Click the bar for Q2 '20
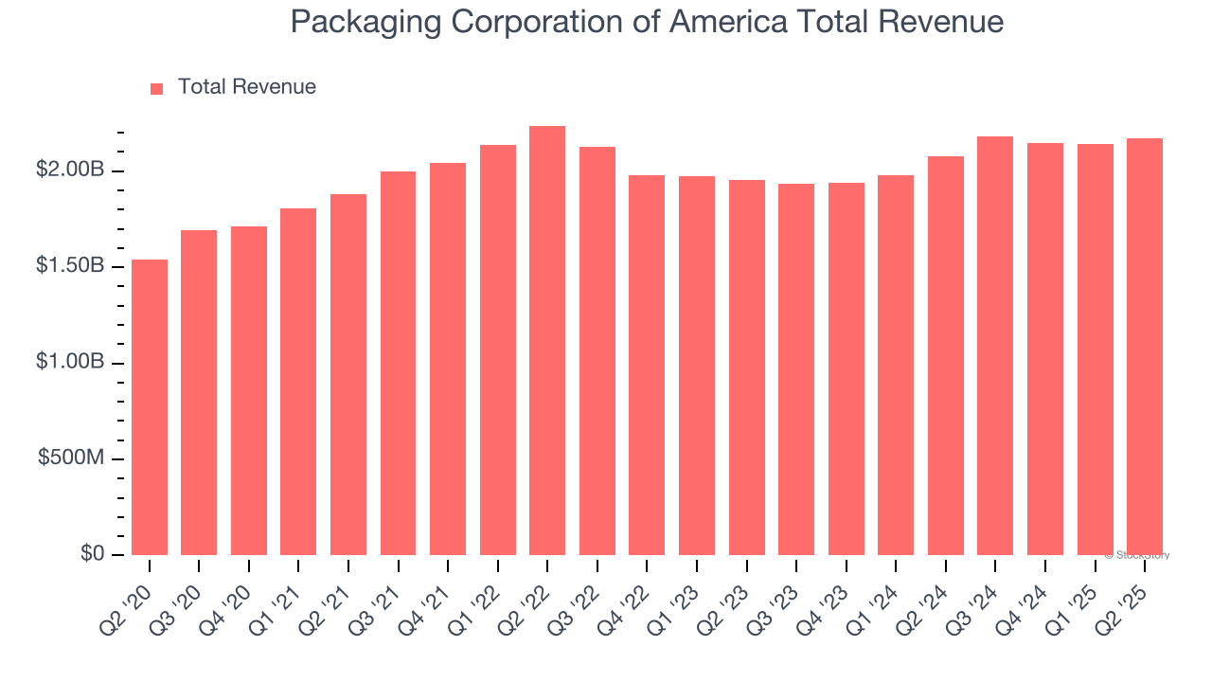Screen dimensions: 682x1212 tap(150, 407)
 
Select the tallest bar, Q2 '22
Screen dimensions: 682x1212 tap(547, 341)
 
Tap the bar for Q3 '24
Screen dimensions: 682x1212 tap(995, 346)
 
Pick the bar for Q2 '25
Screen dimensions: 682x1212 tap(1145, 347)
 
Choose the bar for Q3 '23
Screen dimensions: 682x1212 tap(796, 369)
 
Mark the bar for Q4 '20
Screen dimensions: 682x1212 tap(249, 390)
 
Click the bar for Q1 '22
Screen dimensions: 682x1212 tap(498, 350)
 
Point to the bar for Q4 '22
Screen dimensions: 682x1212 tap(647, 365)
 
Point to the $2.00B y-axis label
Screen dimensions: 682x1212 tap(70, 170)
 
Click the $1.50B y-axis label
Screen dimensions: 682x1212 tap(70, 266)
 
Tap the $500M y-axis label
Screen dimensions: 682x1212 tap(72, 458)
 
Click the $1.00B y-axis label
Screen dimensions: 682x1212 tap(70, 363)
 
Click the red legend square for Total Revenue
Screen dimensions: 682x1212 tap(157, 88)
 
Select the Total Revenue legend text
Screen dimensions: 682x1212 tap(246, 87)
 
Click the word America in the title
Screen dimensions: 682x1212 tap(727, 22)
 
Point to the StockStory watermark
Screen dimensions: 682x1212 tap(1137, 555)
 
